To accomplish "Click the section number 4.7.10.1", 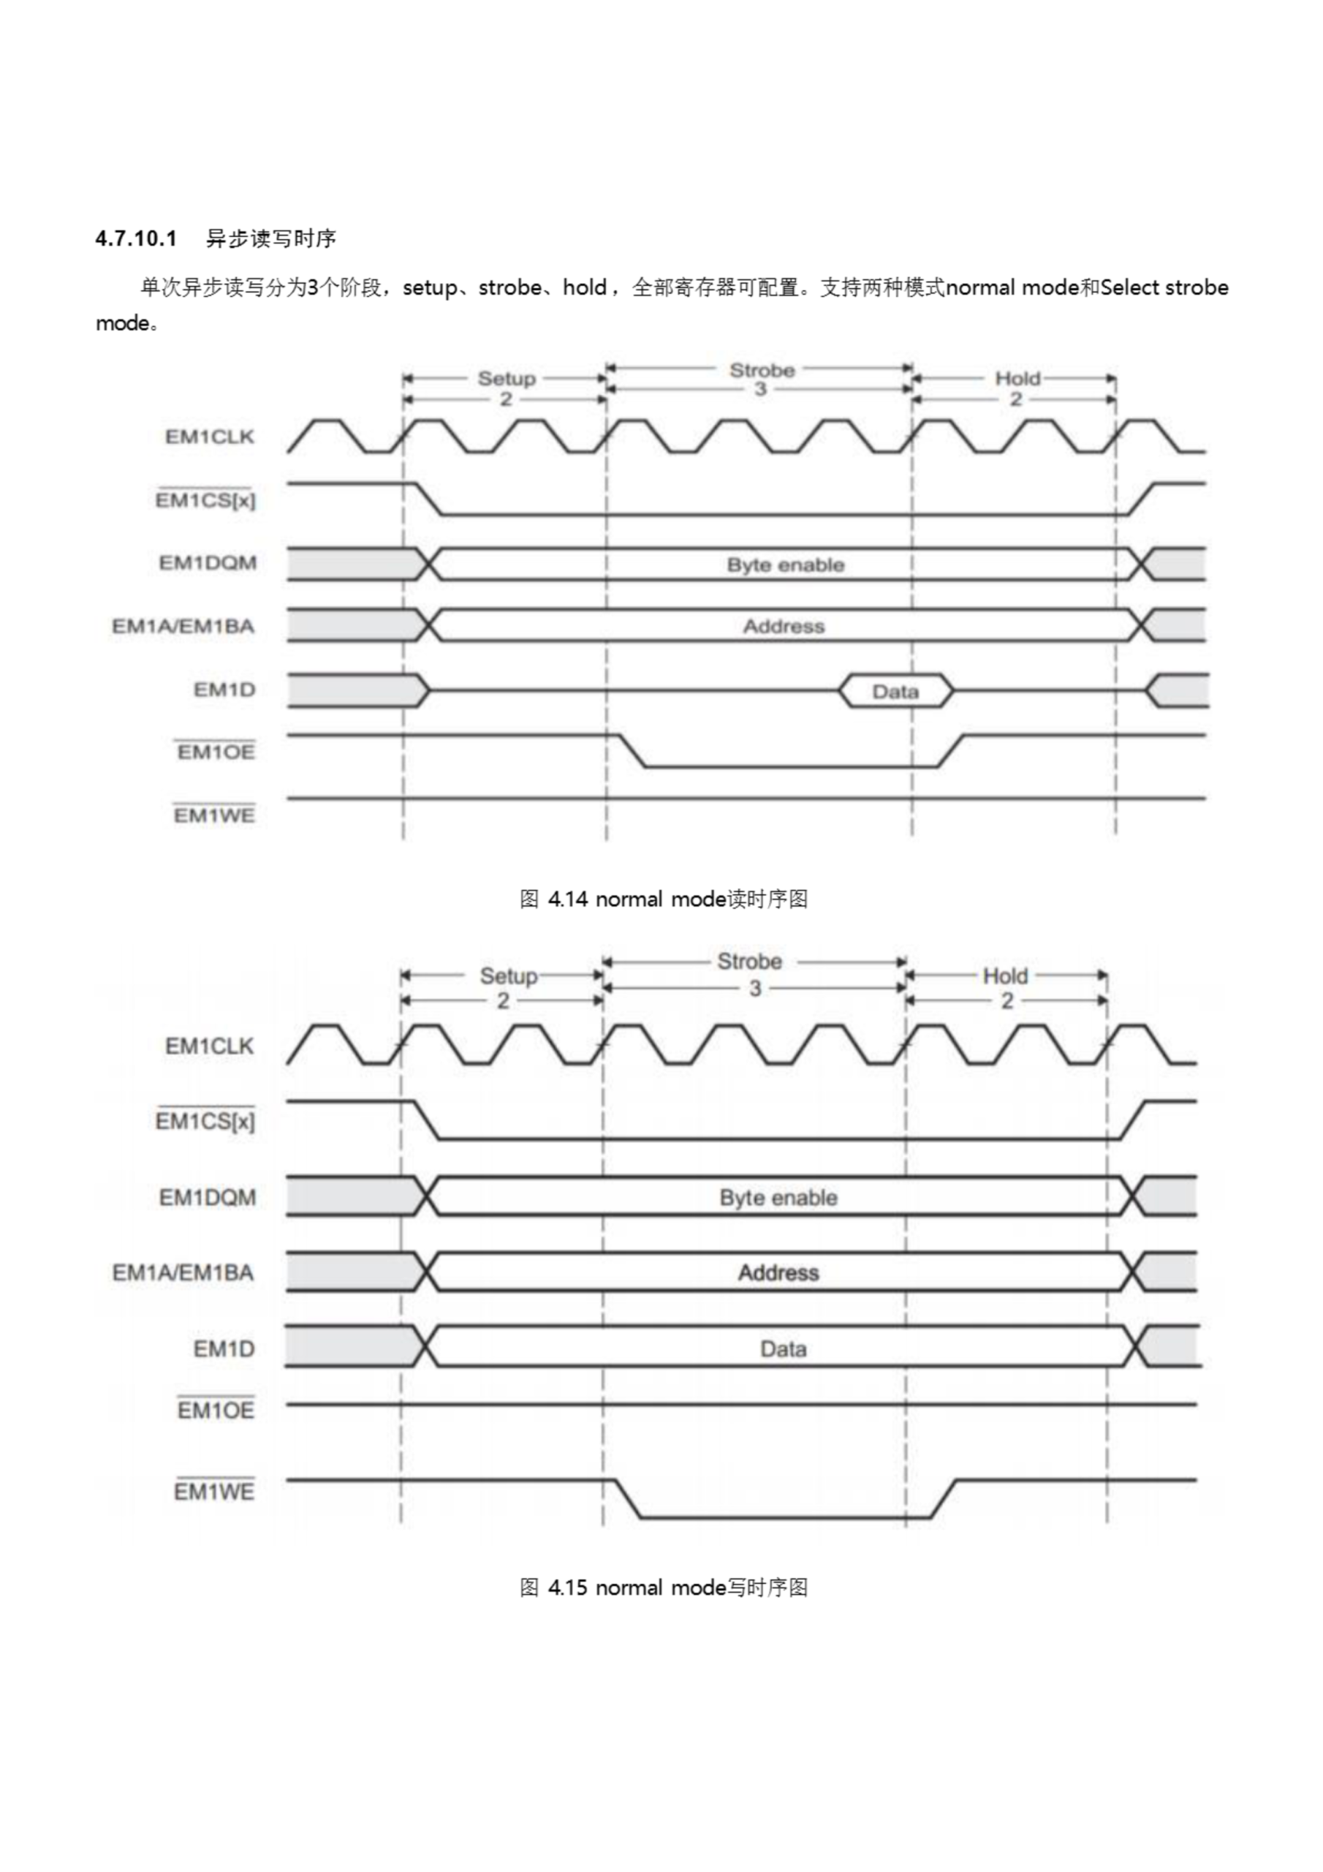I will pos(135,239).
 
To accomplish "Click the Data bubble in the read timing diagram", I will pos(895,692).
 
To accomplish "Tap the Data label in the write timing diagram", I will pos(783,1349).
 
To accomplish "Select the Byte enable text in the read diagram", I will pos(785,565).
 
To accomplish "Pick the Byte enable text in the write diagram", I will pos(778,1198).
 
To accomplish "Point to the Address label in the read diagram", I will pos(784,626).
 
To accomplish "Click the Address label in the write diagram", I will pos(778,1272).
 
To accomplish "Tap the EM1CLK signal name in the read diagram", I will pos(210,437).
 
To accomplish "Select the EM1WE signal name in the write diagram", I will pos(213,1492).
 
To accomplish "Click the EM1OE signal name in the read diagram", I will pos(216,752).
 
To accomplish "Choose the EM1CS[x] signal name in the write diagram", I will pos(205,1122).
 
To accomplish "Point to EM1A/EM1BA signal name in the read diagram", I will pos(183,626).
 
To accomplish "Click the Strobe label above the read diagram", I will pos(762,371).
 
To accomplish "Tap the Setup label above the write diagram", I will pos(508,976).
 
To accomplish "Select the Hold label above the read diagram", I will pos(1017,378).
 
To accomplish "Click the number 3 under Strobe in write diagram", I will pos(755,989).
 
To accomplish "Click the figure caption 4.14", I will pos(663,899).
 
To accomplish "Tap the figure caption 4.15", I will pos(663,1588).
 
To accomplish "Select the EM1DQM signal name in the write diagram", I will pos(207,1198).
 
